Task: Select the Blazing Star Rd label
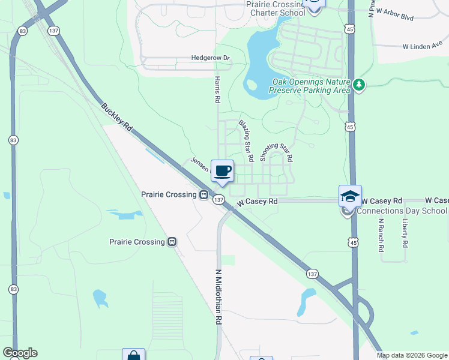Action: point(247,141)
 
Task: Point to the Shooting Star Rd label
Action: point(276,148)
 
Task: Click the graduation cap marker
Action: point(351,197)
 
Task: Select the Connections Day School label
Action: point(402,211)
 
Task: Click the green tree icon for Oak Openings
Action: point(359,85)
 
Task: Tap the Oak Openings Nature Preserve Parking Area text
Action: point(309,86)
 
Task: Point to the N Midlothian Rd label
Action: point(218,297)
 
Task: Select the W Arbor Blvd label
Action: point(393,15)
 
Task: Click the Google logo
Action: point(20,353)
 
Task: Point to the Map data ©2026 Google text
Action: point(411,355)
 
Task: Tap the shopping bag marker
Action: point(133,355)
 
